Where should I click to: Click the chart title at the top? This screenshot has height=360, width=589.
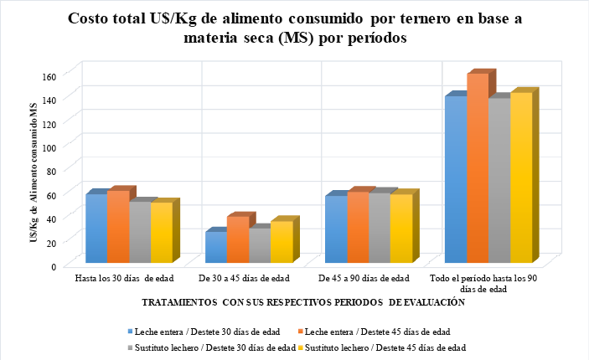[293, 28]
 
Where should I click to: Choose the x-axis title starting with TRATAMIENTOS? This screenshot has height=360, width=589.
[302, 301]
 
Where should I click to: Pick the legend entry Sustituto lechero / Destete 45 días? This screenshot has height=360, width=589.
[386, 347]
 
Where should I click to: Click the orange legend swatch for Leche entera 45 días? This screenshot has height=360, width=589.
[301, 331]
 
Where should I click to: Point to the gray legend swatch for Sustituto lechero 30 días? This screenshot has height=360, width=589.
[130, 347]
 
